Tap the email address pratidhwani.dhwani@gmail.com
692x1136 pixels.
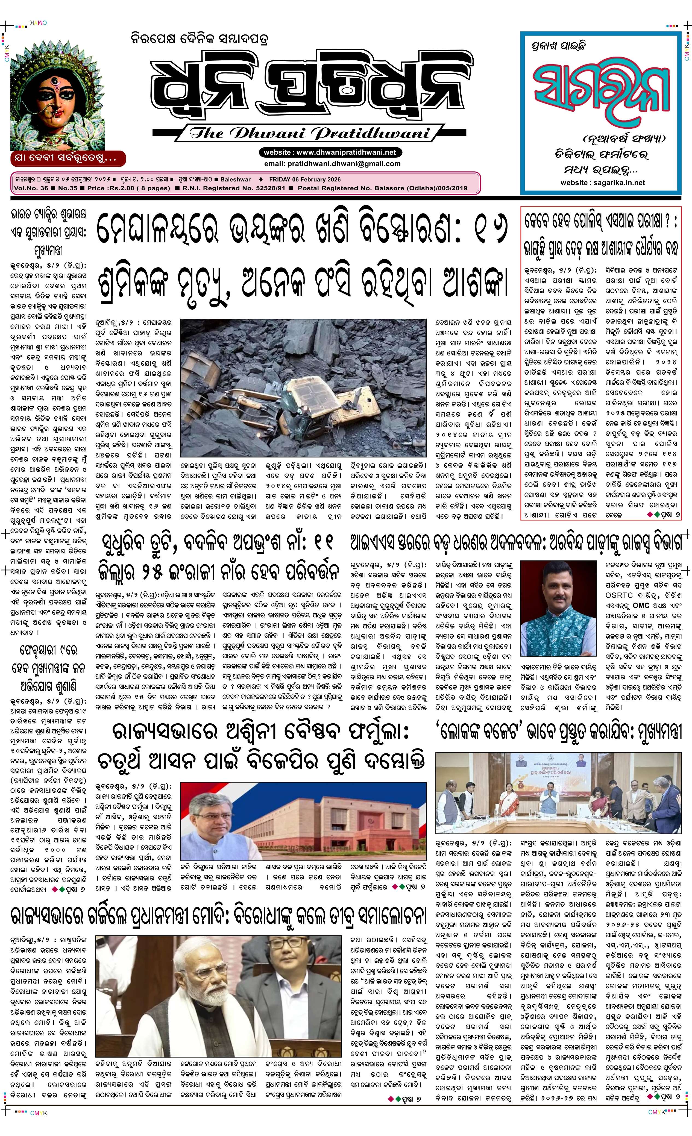pos(332,164)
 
